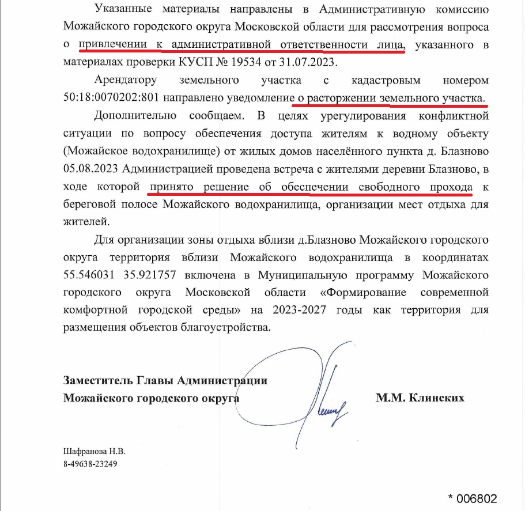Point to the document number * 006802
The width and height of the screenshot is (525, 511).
[x=472, y=498]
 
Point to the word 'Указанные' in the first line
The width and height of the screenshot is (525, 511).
[x=122, y=9]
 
